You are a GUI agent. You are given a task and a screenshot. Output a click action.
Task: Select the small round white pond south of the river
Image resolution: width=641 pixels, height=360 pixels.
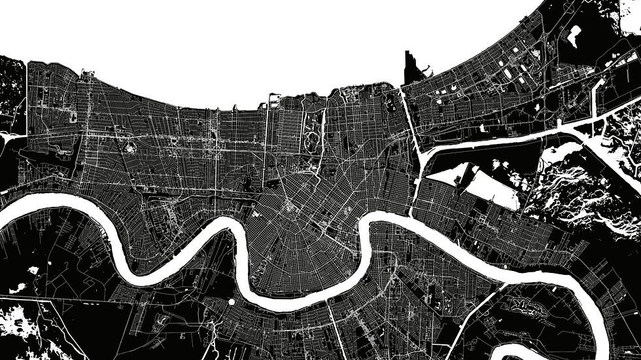231,302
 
